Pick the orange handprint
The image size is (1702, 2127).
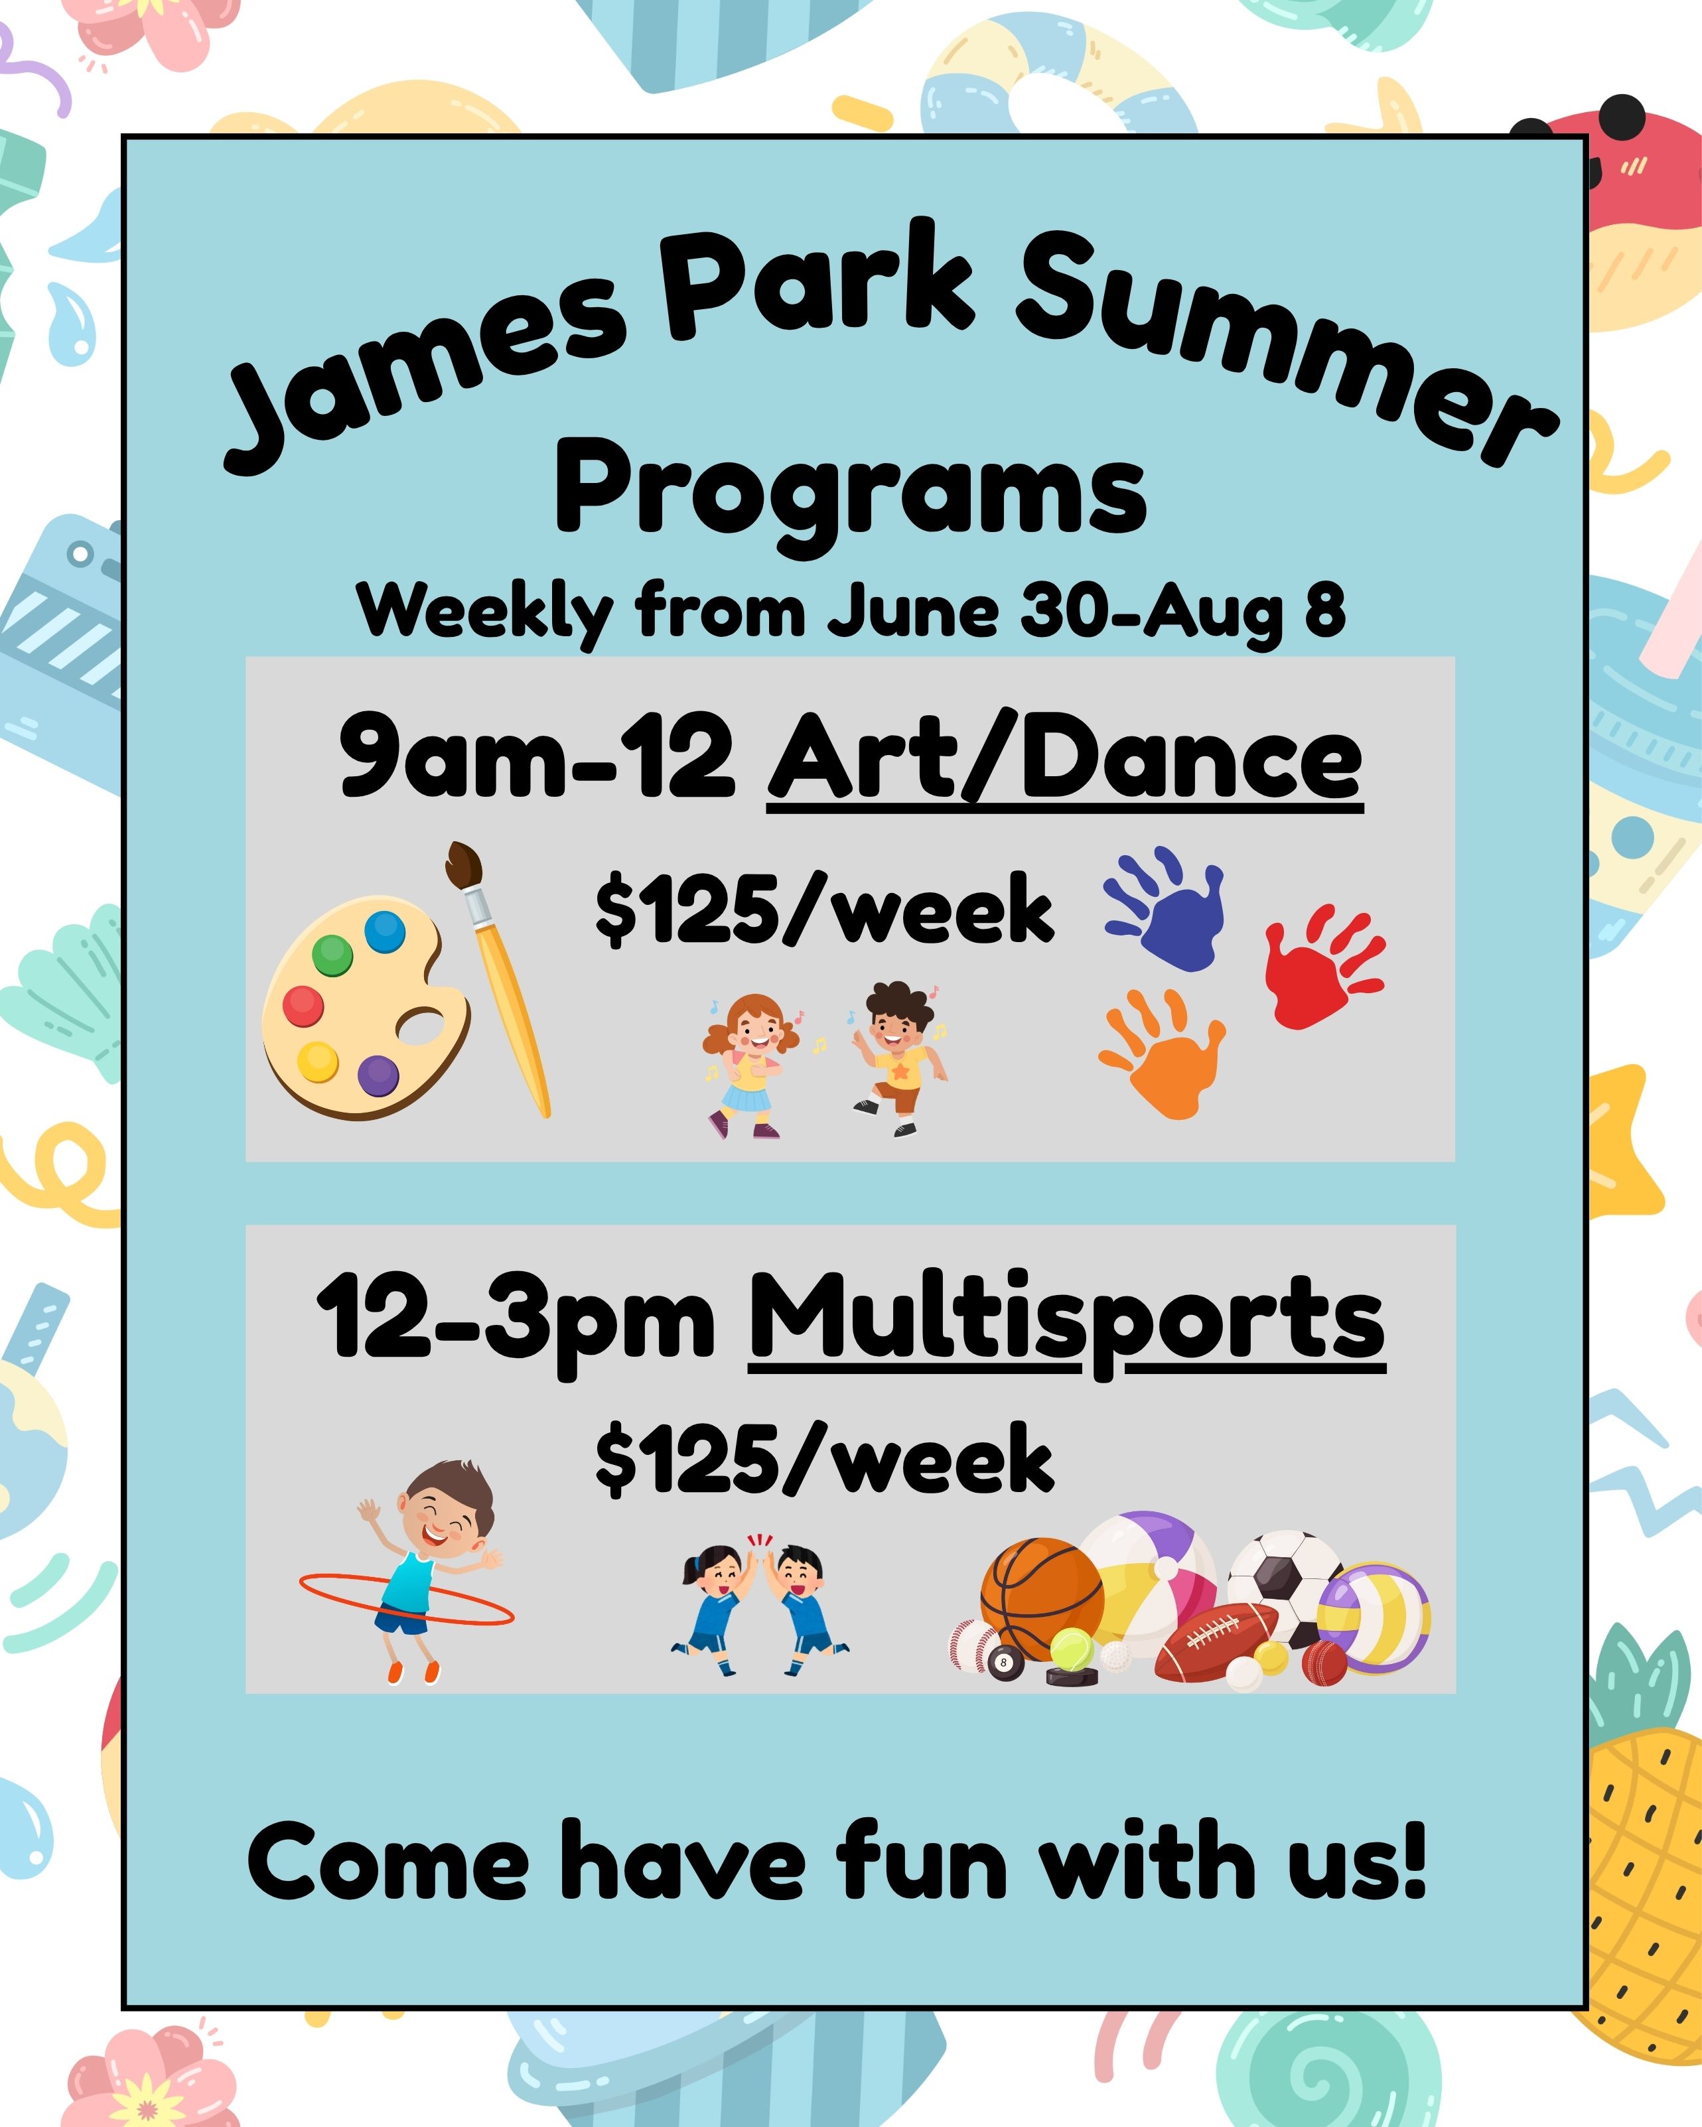click(1163, 1053)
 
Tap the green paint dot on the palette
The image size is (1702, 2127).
click(332, 954)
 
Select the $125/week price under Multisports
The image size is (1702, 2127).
click(825, 1459)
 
